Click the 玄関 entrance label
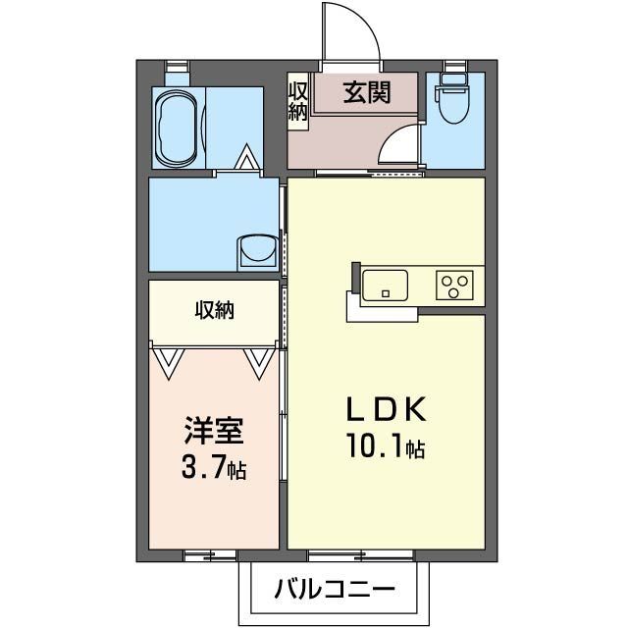[x=367, y=93]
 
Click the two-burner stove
[x=455, y=285]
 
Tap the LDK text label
[x=386, y=408]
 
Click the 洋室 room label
[x=214, y=431]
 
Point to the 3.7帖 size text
[x=214, y=470]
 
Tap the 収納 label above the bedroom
[x=214, y=311]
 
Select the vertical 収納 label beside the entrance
[x=297, y=101]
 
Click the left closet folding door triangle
[x=168, y=362]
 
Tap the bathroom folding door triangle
[x=245, y=157]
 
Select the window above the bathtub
[x=179, y=67]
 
